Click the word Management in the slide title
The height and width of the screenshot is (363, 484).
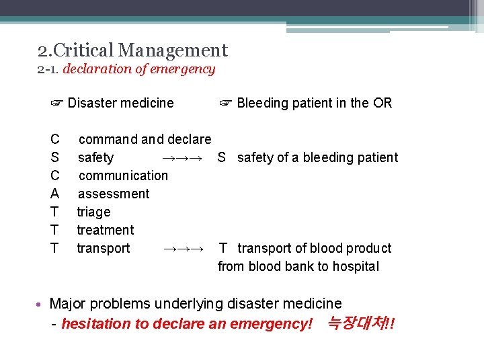tap(173, 50)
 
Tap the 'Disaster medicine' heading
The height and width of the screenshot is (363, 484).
tap(120, 103)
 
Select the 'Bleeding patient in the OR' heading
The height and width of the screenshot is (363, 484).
tap(314, 103)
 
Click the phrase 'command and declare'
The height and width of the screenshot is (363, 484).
tap(145, 139)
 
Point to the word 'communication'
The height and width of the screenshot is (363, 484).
tap(123, 175)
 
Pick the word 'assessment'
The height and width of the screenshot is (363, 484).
tap(114, 194)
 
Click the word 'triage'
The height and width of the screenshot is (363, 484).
tap(93, 212)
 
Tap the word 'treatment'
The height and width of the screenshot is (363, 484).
tap(105, 230)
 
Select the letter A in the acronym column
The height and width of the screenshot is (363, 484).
tap(55, 194)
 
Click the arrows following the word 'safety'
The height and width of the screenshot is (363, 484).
tap(183, 157)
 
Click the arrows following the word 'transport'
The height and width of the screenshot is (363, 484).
tap(184, 248)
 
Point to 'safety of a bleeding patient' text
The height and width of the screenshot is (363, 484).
tap(317, 157)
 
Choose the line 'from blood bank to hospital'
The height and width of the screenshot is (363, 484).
tap(298, 266)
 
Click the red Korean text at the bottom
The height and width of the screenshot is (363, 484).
tap(360, 323)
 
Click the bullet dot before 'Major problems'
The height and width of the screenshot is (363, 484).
tap(42, 305)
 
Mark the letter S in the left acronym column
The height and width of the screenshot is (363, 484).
tap(55, 157)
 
